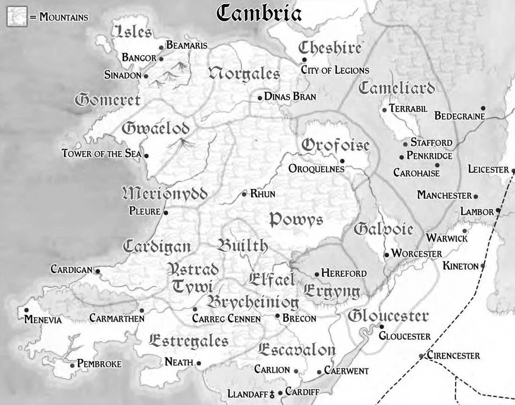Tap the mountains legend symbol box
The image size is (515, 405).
tap(15, 17)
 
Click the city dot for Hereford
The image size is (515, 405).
tap(317, 274)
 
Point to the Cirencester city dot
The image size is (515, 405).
tap(421, 356)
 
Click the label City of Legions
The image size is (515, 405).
tap(335, 70)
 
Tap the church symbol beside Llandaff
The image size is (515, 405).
tap(272, 393)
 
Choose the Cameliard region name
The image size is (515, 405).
tap(397, 88)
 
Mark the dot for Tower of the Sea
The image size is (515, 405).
tap(147, 156)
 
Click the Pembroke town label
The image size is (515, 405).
tap(99, 364)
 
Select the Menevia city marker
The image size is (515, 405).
tap(26, 310)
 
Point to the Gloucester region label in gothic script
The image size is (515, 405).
tap(388, 316)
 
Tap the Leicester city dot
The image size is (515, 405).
tap(513, 170)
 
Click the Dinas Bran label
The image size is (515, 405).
tap(290, 97)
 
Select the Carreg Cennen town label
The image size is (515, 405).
tap(226, 319)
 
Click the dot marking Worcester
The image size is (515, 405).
tap(386, 255)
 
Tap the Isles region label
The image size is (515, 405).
tap(133, 32)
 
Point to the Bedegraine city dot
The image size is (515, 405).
tap(483, 108)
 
